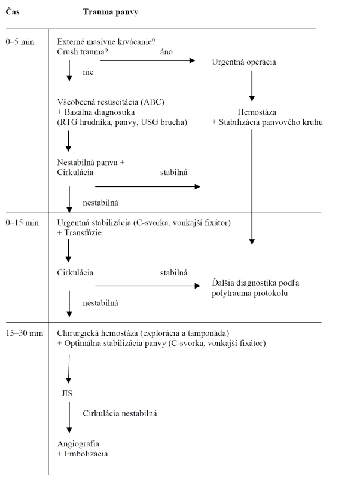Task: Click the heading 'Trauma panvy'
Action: coord(111,12)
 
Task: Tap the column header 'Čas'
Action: coord(13,11)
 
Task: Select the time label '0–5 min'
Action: coord(20,42)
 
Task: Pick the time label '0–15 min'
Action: coord(22,223)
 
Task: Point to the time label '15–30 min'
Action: coord(25,333)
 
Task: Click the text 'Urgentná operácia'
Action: coord(244,62)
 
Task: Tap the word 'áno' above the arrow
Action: coord(166,52)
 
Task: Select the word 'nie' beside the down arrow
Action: coord(88,72)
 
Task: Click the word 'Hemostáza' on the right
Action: coord(257,112)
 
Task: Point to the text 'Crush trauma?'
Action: coord(83,52)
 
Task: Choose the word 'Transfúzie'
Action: coord(83,233)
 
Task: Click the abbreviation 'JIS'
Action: coord(67,393)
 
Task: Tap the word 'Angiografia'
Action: coord(78,444)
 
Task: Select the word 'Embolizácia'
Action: coord(86,454)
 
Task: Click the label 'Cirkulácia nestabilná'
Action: coord(120,413)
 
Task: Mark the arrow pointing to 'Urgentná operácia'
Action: coord(148,60)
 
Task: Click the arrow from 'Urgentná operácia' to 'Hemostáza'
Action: coord(252,86)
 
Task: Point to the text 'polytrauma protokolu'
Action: coord(249,293)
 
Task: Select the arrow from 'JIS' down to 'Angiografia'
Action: coord(69,417)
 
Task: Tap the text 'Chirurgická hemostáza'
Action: coord(97,333)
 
